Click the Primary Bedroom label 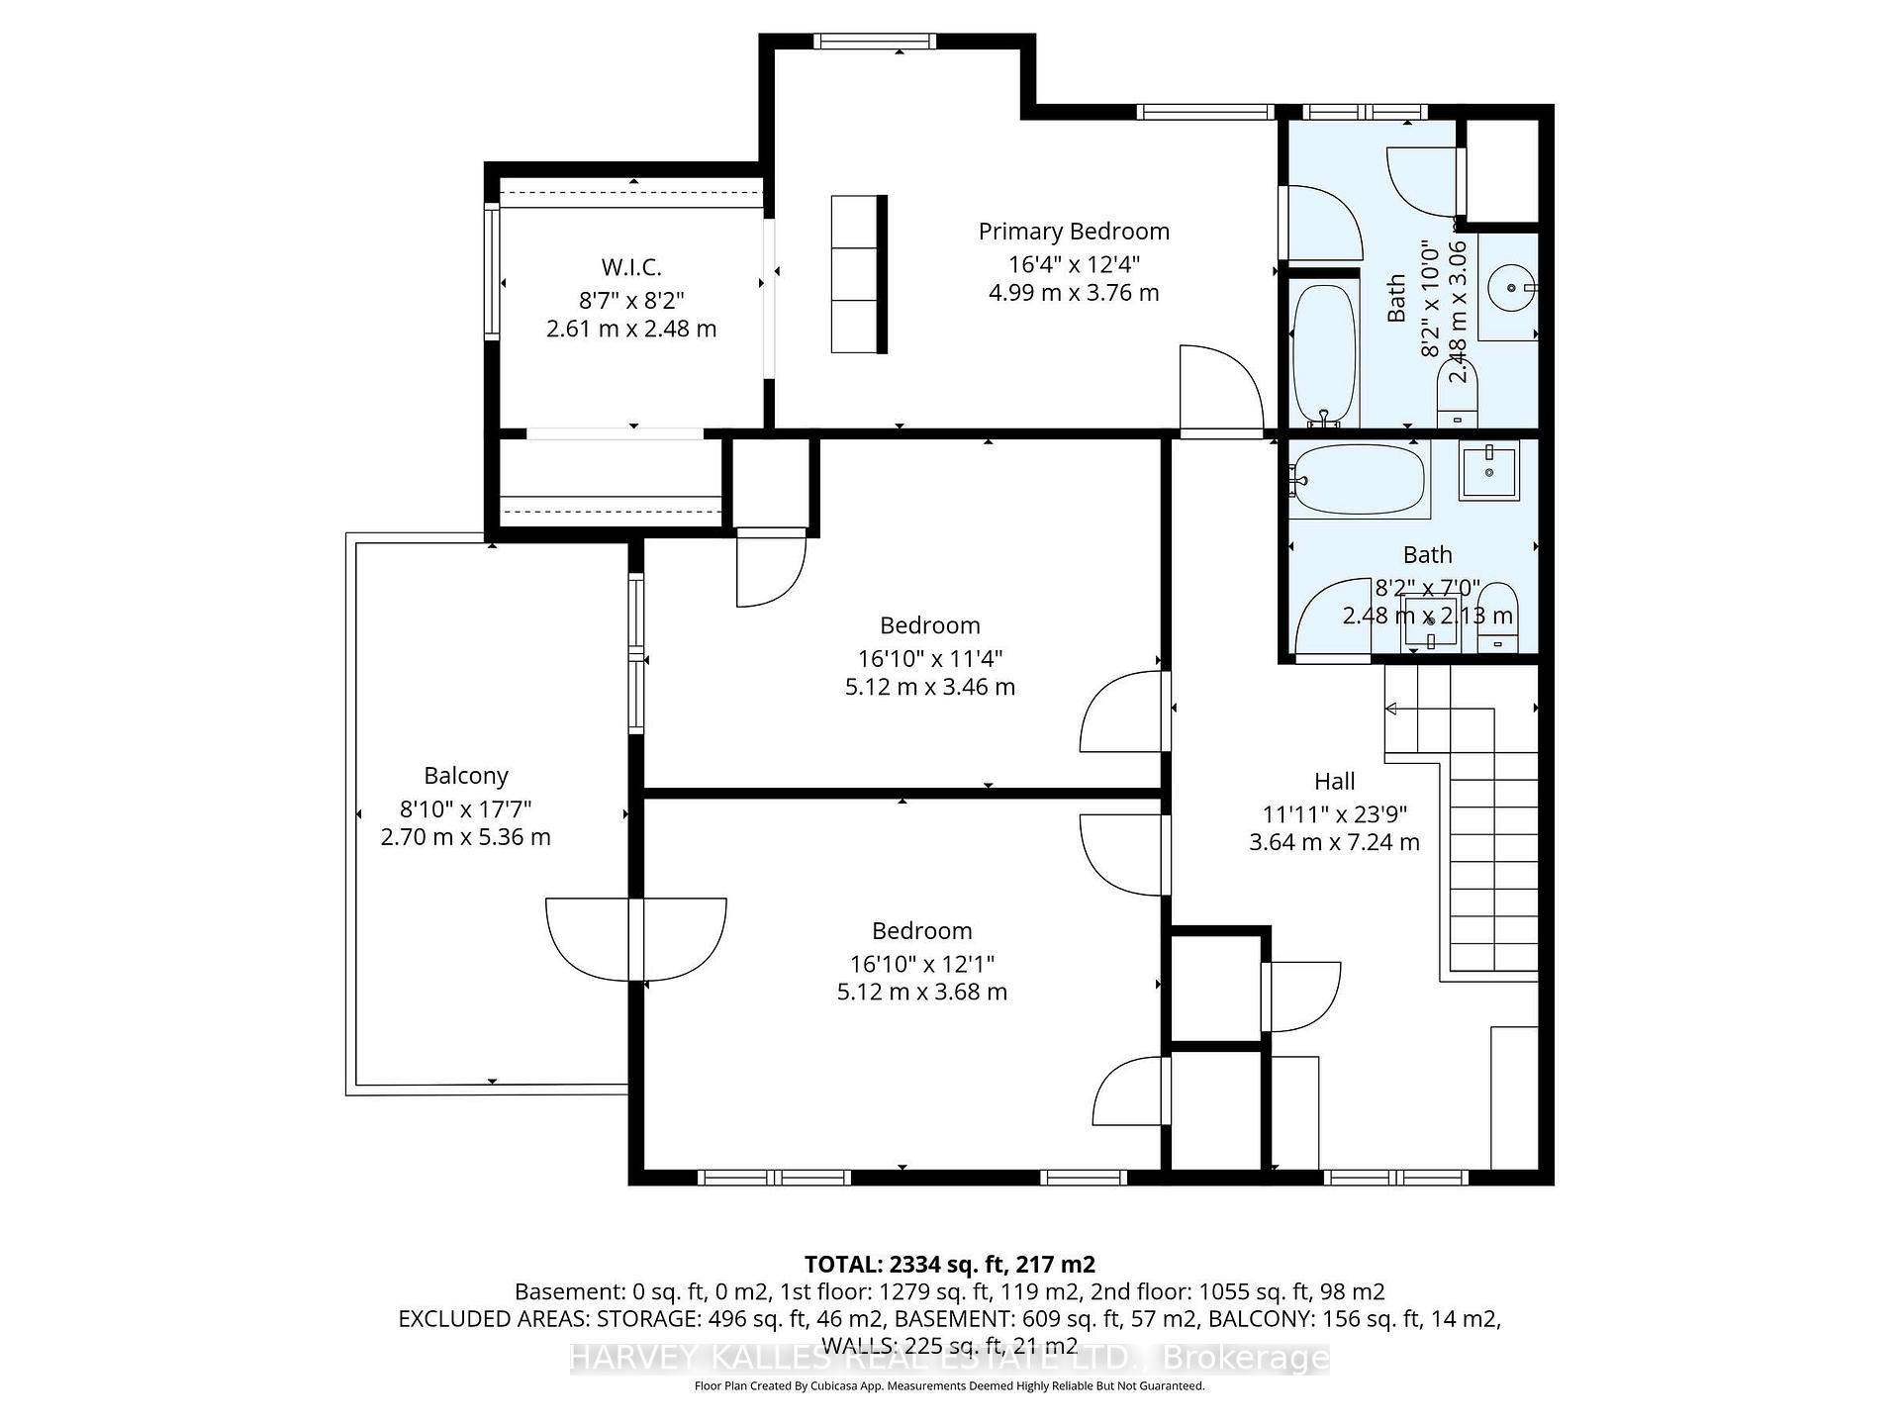1074,232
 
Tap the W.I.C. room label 631,267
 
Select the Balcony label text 466,776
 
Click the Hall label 1334,782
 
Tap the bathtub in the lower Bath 1359,479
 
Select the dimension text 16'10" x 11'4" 929,658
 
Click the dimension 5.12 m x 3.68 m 921,992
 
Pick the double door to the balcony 636,937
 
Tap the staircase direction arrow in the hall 1389,709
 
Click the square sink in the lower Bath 1487,472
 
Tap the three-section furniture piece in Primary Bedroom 857,274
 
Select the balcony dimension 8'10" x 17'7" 466,808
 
